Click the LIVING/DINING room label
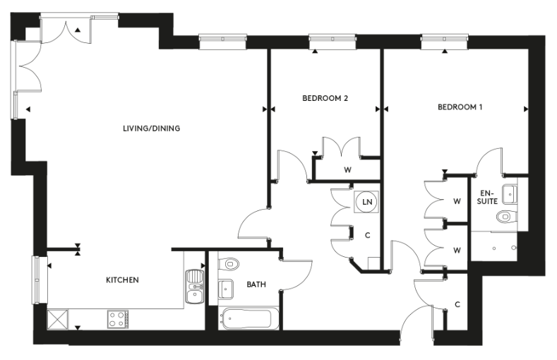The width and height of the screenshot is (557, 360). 151,128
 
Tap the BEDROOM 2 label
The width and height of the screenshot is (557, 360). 325,98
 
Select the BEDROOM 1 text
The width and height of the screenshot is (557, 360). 460,107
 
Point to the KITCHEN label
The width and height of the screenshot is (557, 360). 122,280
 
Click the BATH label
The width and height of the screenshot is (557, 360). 256,284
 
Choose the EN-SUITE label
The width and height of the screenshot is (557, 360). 487,197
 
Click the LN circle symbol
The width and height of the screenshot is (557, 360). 366,202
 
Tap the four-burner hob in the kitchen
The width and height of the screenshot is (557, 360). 118,319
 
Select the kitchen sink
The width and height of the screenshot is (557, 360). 195,287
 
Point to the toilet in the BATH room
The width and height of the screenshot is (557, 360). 229,264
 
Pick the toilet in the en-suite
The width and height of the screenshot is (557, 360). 507,216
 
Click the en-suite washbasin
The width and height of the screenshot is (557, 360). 510,194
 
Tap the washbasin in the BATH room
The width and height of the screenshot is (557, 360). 226,289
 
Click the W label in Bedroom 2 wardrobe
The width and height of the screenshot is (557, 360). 347,169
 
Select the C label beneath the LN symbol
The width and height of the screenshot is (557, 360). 368,235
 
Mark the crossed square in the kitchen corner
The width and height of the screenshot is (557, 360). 57,319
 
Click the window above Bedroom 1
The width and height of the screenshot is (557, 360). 444,42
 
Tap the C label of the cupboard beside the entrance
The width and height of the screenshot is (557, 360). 457,304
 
